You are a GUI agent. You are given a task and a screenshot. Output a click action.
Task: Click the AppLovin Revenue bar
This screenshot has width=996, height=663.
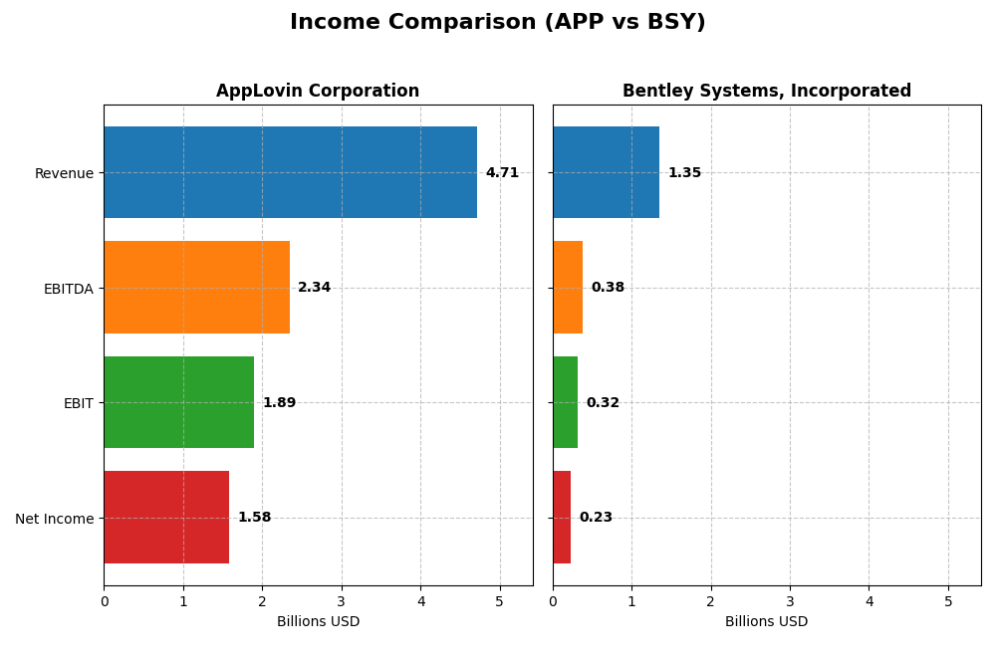click(290, 172)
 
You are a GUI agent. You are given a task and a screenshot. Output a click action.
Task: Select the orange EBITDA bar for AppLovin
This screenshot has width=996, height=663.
click(196, 287)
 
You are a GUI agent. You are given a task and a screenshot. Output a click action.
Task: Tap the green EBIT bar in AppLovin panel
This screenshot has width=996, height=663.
click(178, 402)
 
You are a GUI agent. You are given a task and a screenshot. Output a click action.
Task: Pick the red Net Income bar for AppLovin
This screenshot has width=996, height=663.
click(166, 517)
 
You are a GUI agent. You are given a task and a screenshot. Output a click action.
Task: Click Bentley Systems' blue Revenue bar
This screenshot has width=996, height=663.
click(606, 172)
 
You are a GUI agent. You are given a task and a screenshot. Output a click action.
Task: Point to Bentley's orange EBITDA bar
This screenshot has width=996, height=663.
click(568, 287)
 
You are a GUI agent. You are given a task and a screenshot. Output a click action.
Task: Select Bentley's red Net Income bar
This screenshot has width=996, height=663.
click(562, 517)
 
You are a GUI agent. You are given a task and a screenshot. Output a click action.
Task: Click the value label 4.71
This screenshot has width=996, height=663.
click(502, 173)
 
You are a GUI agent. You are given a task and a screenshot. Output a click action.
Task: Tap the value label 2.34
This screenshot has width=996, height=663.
click(314, 288)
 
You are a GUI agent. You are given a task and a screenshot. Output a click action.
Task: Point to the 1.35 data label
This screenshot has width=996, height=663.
click(684, 173)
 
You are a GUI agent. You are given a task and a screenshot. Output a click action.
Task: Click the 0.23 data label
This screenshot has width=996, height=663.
click(596, 518)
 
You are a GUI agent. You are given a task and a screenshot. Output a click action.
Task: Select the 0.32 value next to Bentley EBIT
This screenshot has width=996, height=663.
click(603, 403)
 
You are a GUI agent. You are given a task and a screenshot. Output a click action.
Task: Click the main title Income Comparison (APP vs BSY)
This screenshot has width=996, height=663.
click(497, 22)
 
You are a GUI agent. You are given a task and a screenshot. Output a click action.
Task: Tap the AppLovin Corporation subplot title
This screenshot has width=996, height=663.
click(318, 92)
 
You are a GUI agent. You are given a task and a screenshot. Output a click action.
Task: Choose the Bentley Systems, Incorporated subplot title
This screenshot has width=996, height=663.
click(766, 92)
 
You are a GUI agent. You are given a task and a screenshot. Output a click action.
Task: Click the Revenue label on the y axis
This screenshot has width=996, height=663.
click(64, 173)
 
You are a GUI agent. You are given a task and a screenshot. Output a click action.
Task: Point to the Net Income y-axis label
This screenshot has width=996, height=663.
click(54, 518)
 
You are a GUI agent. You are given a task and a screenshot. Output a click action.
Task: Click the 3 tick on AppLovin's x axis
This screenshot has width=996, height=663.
click(342, 601)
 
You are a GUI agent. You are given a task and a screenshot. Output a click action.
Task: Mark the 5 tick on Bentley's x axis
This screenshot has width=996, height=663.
click(948, 601)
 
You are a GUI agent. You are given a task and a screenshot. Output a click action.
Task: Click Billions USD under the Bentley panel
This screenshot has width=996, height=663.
click(766, 622)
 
